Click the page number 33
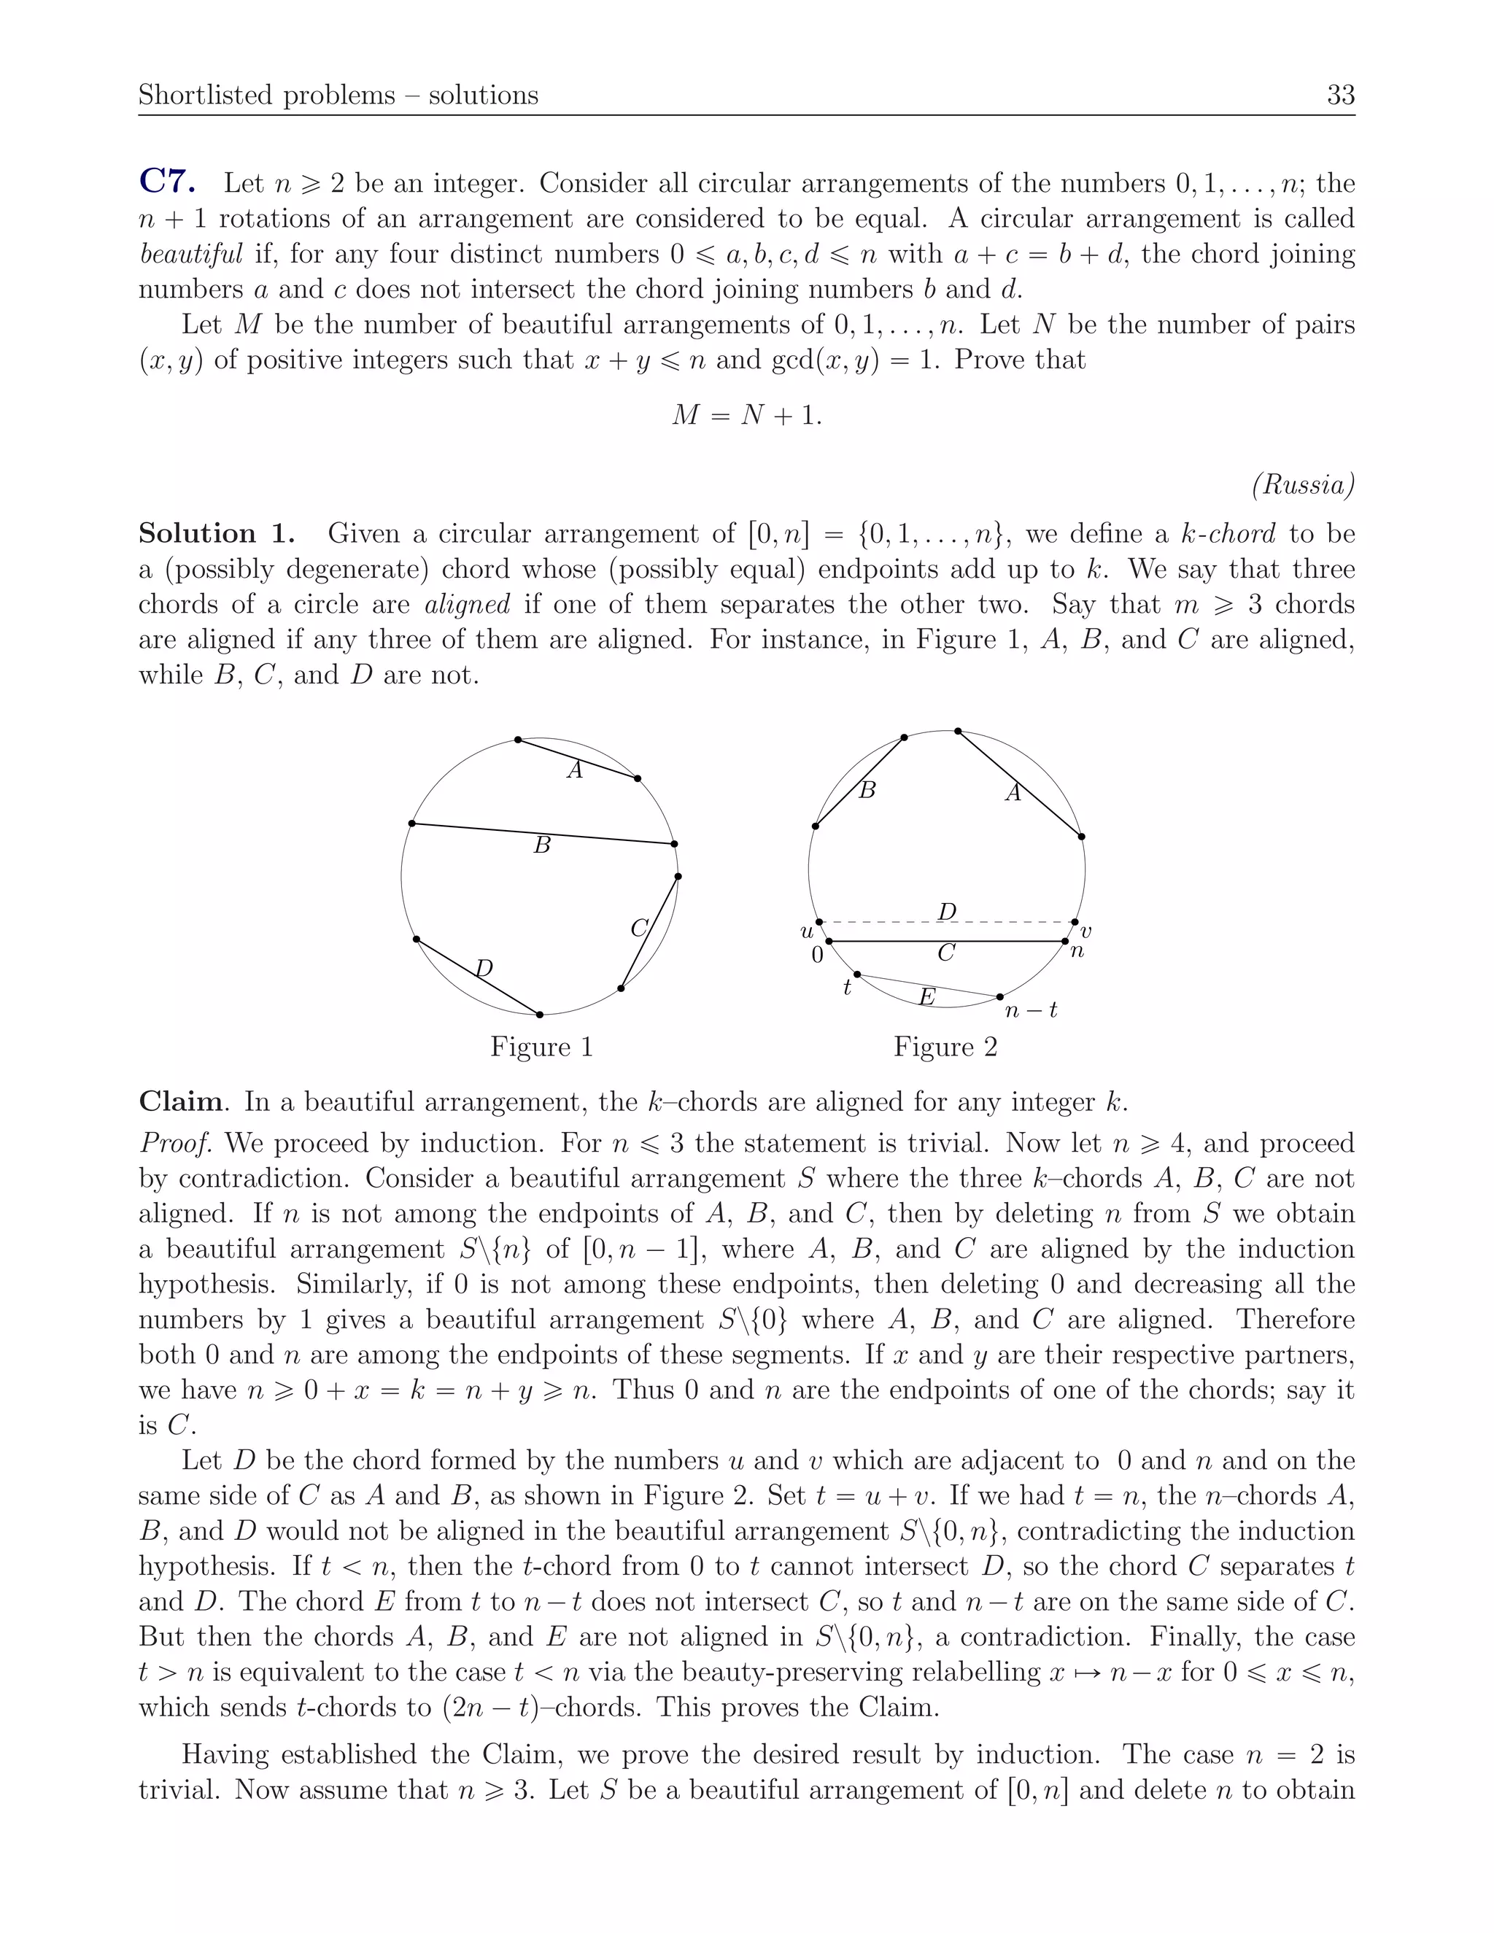[x=1340, y=95]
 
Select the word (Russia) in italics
[x=1303, y=484]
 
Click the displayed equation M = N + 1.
[x=746, y=414]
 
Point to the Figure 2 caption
[x=945, y=1047]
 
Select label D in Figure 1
[x=483, y=968]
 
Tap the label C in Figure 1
[x=639, y=929]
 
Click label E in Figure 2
[x=926, y=997]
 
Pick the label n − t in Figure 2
[x=1031, y=1010]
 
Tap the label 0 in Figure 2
[x=817, y=956]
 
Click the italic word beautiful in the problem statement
[x=190, y=254]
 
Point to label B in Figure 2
[x=867, y=791]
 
